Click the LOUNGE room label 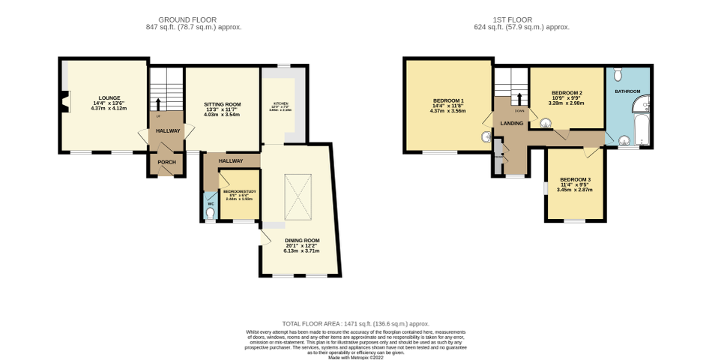(109, 98)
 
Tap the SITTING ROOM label (222, 104)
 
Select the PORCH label (166, 162)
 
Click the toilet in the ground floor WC (209, 214)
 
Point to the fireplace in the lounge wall (66, 101)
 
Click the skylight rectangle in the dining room (296, 191)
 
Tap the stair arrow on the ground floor (158, 103)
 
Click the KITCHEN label (281, 103)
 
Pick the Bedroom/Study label (240, 192)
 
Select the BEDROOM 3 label (575, 180)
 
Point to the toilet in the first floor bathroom (617, 75)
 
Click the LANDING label (512, 123)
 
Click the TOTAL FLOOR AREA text (355, 323)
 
